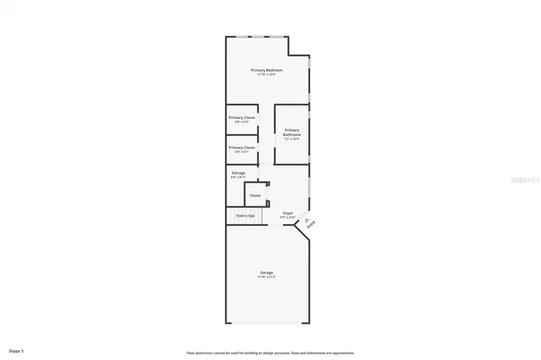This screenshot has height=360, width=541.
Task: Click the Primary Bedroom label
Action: pos(267,70)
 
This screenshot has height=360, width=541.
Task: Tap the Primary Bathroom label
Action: pos(292,132)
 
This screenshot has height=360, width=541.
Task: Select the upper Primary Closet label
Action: pos(242,117)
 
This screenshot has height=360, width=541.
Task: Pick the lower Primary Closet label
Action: pos(242,147)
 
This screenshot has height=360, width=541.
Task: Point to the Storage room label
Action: pos(238,172)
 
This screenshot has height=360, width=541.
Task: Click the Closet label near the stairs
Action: pos(254,195)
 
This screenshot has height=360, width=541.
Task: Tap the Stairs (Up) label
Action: pos(245,215)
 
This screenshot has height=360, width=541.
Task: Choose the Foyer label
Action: pos(287,213)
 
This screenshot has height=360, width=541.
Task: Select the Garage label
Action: pos(266,272)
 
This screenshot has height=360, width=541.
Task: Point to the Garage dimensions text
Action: pos(266,277)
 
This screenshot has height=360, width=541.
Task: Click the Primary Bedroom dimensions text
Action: pos(267,75)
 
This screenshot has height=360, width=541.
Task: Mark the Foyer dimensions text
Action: pos(287,218)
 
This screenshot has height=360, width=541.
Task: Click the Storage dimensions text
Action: pos(238,177)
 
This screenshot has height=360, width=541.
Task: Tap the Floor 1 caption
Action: pos(17,350)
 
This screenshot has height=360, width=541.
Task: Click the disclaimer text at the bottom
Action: pos(270,352)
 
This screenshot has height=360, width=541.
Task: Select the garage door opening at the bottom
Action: pos(266,323)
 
